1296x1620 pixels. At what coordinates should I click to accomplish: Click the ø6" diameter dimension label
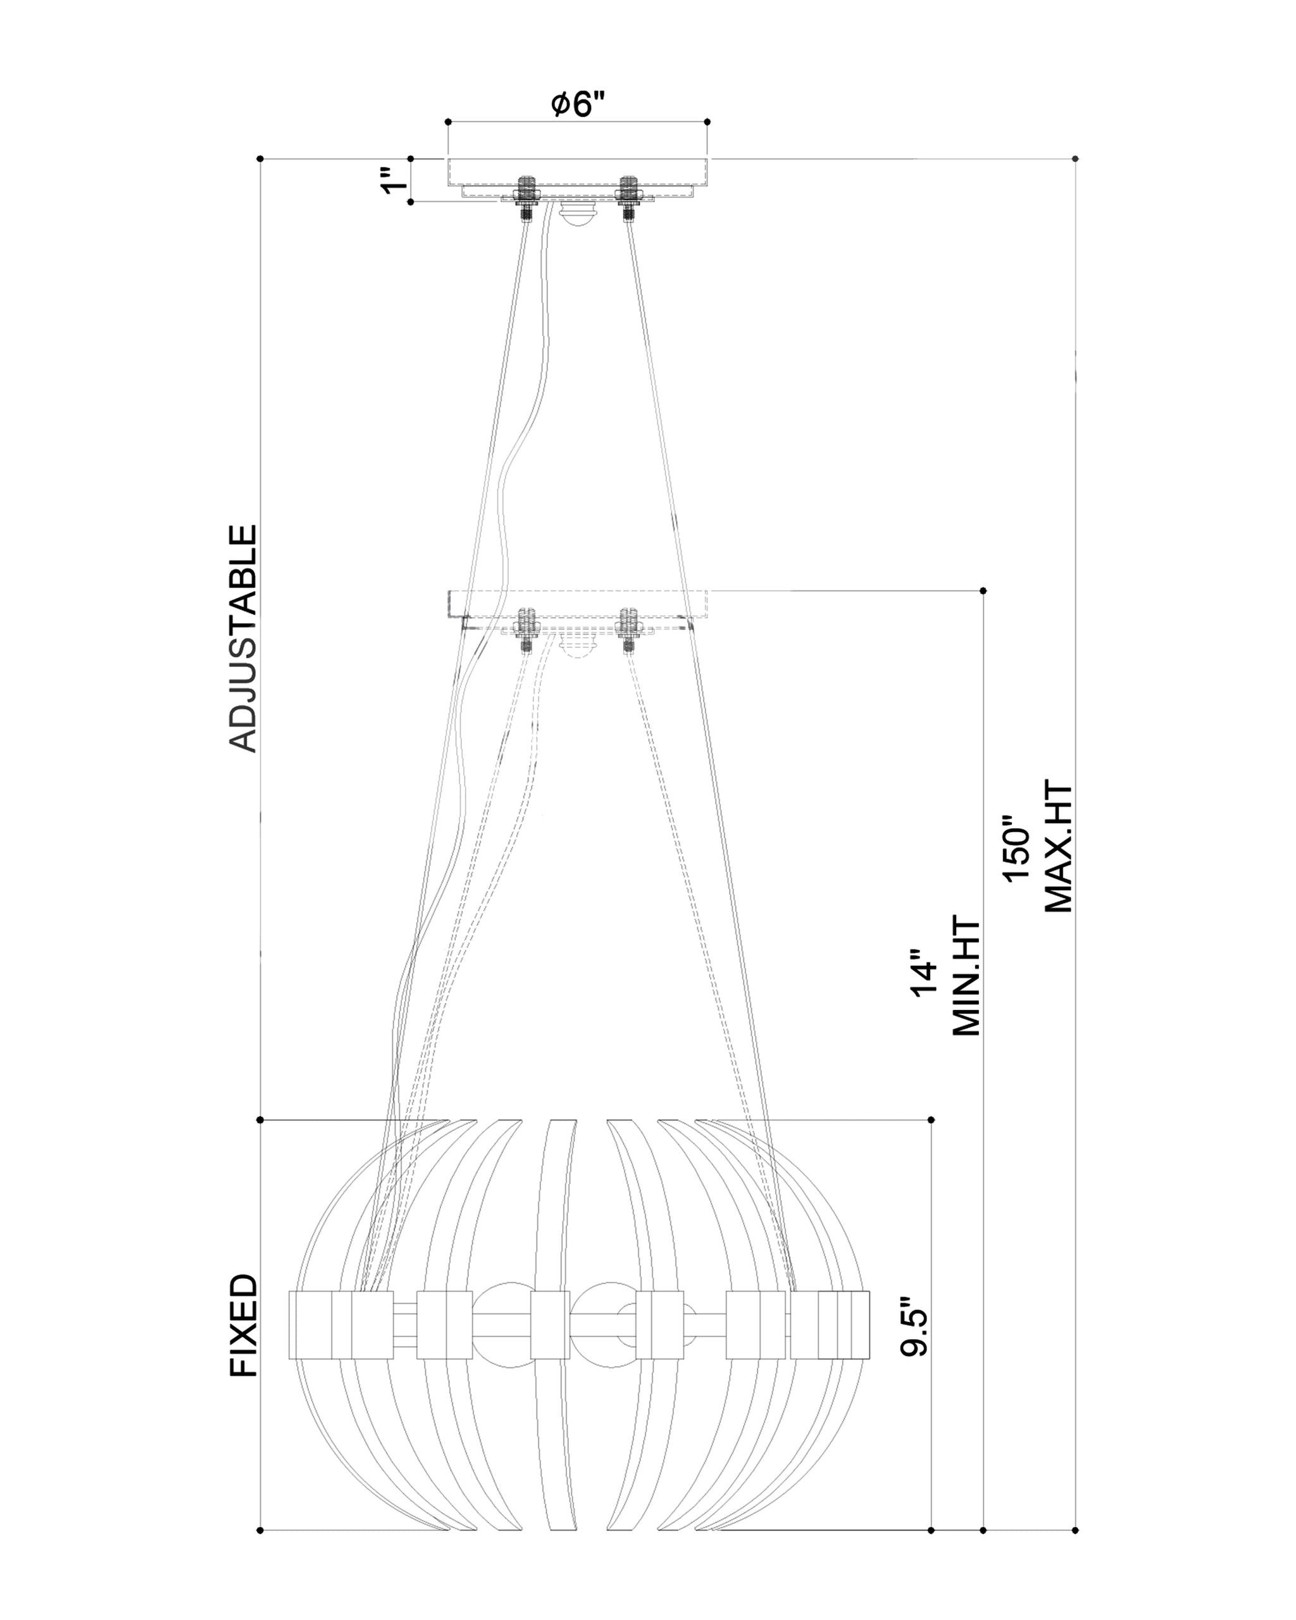point(578,104)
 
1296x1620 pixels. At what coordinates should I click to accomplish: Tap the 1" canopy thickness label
point(394,180)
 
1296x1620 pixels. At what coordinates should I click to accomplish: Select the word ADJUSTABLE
point(242,638)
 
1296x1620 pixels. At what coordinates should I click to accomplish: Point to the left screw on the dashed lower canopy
point(525,630)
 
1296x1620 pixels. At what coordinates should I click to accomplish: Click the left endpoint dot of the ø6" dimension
point(448,121)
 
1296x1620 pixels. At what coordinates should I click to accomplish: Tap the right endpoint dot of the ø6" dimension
point(707,121)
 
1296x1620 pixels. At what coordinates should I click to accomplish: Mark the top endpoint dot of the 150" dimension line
point(1075,159)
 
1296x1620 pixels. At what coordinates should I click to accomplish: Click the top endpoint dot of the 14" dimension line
point(983,590)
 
